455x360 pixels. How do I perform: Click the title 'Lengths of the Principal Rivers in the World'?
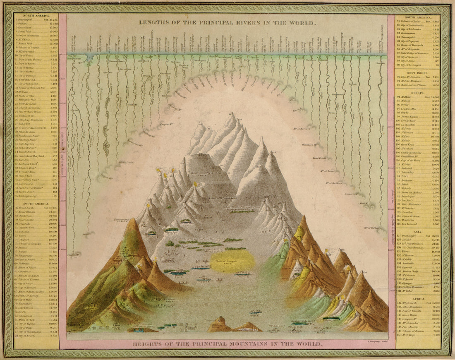tap(227, 23)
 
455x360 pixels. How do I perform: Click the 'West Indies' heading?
tap(417, 72)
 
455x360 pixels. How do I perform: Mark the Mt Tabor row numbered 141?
tap(409, 291)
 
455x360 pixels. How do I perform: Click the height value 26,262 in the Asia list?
tap(433, 235)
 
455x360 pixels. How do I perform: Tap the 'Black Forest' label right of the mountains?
tap(320, 158)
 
